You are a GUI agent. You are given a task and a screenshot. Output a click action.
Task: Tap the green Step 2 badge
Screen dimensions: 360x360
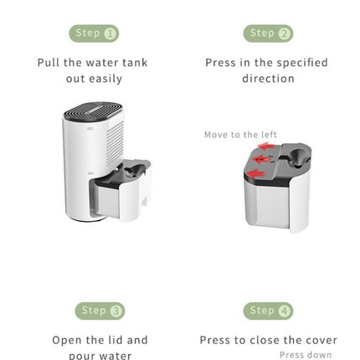268,33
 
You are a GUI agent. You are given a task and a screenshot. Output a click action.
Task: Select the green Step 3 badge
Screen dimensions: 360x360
100,311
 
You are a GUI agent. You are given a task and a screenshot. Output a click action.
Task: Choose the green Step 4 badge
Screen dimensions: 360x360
268,311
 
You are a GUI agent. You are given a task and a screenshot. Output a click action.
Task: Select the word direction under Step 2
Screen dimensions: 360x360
268,79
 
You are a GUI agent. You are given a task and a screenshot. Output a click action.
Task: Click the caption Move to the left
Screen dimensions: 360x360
240,133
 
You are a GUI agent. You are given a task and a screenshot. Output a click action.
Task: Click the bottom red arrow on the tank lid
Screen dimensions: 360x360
260,173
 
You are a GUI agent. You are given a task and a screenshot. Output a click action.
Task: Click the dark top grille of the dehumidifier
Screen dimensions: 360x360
93,111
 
